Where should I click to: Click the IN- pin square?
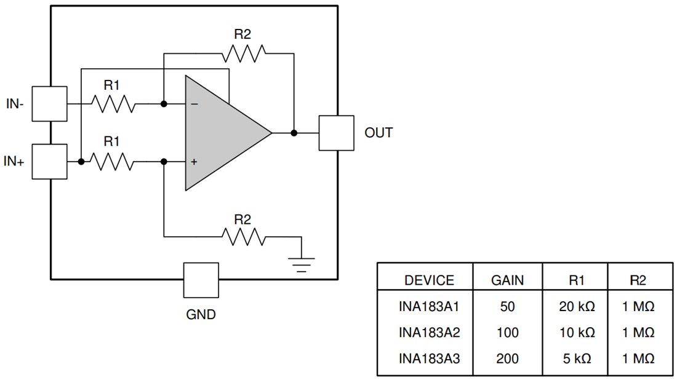point(49,104)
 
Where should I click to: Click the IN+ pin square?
point(49,162)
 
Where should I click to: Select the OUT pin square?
point(336,133)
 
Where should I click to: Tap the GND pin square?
point(201,280)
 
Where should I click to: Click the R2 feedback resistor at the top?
point(243,53)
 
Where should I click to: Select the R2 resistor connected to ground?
point(243,236)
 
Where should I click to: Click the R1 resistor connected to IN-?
point(112,104)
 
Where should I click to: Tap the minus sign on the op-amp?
point(194,105)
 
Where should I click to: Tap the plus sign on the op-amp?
point(194,162)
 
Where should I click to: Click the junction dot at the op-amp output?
point(294,133)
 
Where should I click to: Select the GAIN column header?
point(507,280)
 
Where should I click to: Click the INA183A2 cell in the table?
point(429,333)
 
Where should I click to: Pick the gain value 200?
point(507,358)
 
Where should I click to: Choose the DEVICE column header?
point(429,280)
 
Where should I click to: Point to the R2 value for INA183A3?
point(638,358)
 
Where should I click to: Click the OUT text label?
point(379,133)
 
